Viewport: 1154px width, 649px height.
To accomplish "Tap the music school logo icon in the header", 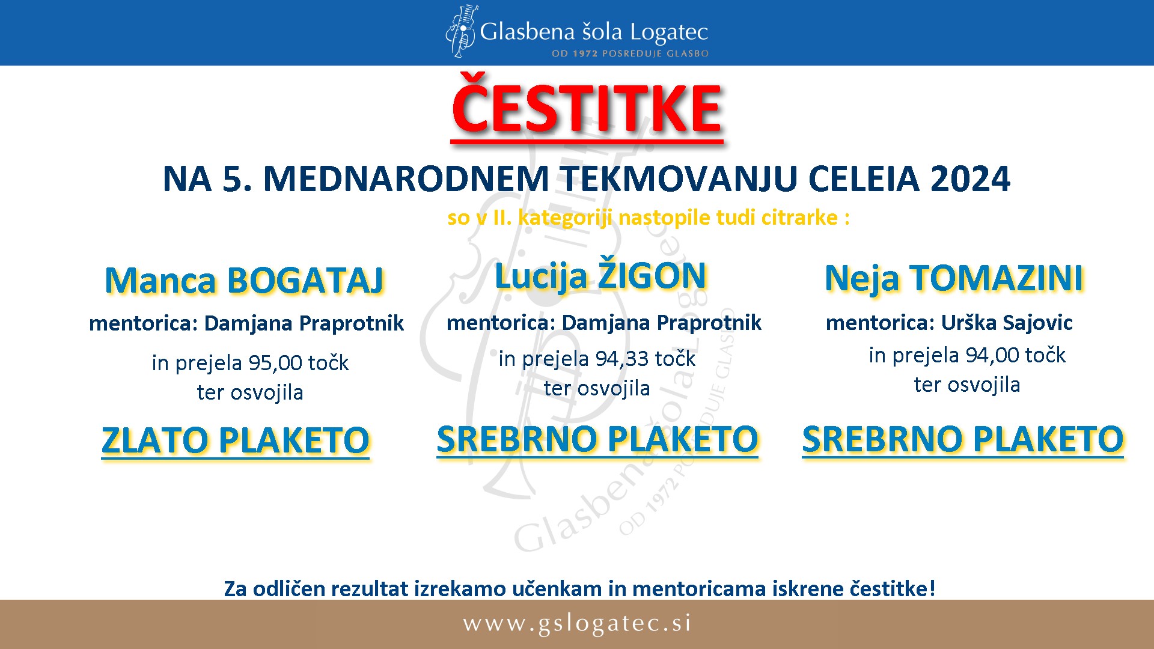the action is point(461,31).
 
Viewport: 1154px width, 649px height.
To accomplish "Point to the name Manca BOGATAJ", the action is point(245,280).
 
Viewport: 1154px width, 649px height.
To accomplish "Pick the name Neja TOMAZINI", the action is point(954,278).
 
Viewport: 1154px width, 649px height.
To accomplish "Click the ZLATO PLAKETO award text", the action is point(236,440).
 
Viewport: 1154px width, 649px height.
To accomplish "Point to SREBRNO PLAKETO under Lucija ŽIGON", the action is point(598,439).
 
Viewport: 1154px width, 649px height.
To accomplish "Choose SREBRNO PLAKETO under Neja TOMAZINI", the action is point(963,439).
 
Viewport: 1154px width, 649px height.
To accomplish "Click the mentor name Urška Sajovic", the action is point(1007,323).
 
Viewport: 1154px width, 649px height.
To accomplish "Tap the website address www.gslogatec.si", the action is point(577,624).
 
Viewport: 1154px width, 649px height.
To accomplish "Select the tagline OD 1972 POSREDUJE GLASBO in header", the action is point(630,53).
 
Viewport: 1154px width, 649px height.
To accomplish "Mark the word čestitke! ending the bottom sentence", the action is point(893,589).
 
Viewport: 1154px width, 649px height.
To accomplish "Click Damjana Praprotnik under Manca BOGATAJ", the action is point(304,324).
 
